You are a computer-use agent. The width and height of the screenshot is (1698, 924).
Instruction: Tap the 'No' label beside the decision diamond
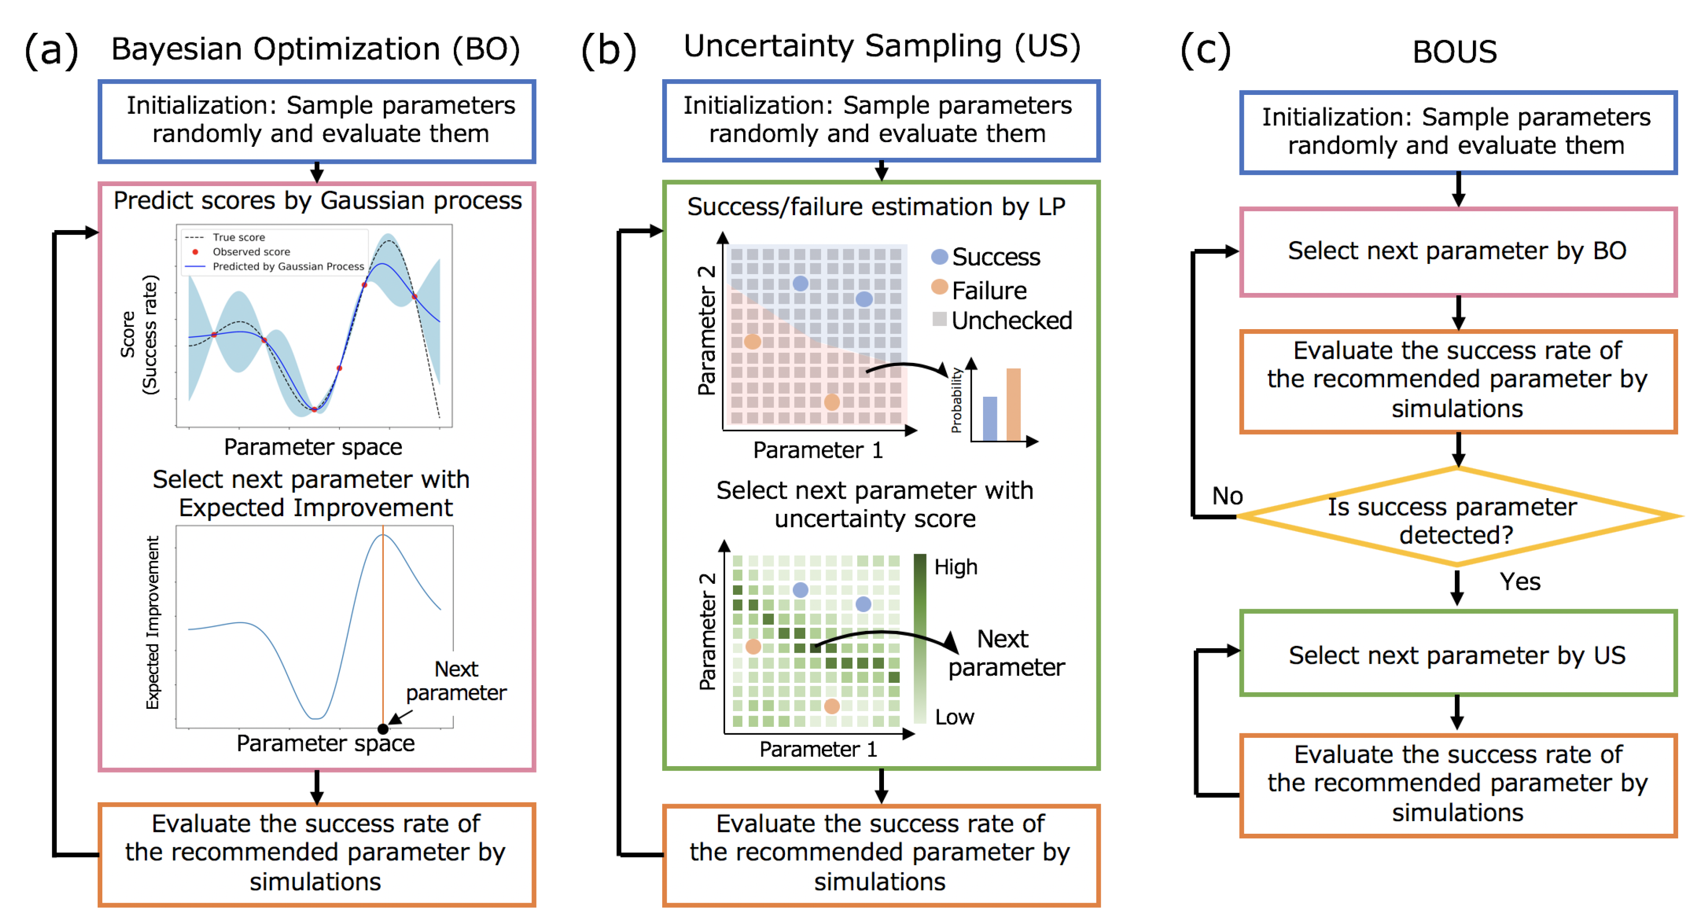1227,496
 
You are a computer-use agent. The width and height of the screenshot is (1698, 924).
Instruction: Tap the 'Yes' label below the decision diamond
1519,581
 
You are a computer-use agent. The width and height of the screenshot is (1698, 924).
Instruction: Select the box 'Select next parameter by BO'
1457,251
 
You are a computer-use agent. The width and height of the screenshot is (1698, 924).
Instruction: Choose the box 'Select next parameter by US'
1457,655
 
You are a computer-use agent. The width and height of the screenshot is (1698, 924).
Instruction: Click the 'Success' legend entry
996,257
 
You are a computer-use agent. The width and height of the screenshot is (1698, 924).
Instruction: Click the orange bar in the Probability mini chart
1013,405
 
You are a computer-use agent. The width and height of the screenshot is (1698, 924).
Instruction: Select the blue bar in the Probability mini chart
990,418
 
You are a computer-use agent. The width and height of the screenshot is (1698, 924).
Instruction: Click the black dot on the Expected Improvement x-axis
383,729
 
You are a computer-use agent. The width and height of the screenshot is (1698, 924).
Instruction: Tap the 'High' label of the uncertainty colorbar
956,567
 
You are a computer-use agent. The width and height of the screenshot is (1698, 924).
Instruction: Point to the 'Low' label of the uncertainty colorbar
954,717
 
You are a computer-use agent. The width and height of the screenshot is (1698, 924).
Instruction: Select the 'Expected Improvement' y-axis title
152,622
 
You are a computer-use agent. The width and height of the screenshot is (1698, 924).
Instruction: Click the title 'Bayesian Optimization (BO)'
315,50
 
